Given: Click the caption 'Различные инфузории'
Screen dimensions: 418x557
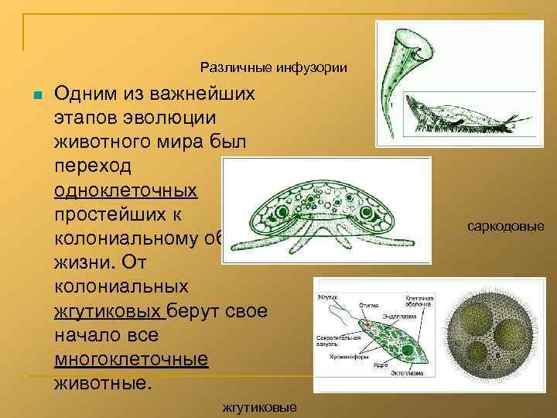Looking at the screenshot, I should click(x=273, y=67).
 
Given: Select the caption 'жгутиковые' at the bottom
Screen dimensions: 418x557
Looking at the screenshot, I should click(x=258, y=406).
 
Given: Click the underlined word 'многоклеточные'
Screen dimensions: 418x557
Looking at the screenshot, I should click(x=132, y=359).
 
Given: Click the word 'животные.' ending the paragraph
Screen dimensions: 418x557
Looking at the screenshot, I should click(x=100, y=383).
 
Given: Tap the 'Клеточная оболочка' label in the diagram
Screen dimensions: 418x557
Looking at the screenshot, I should click(x=419, y=301).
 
